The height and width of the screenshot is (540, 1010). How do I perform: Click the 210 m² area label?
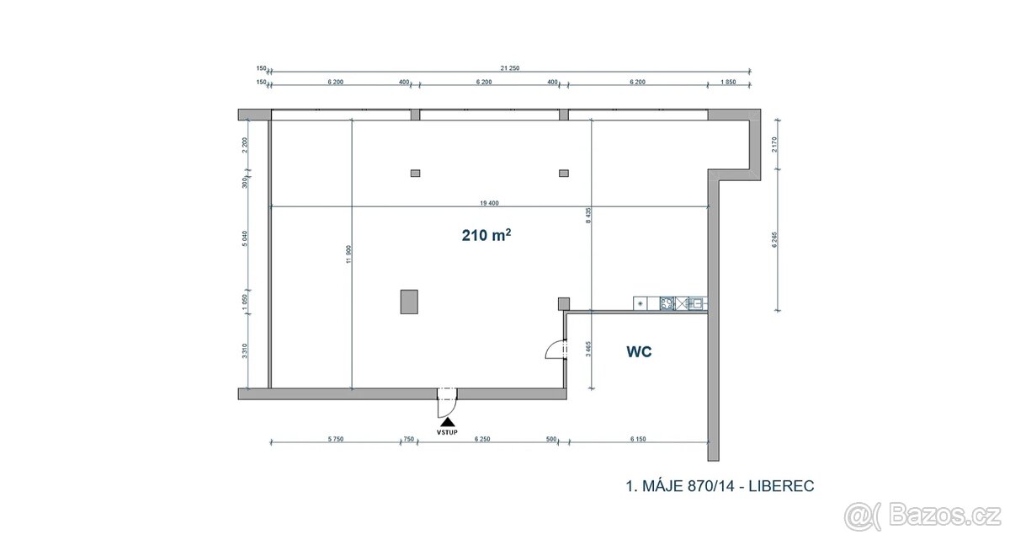[486, 236]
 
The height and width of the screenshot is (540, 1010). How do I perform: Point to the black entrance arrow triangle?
[449, 420]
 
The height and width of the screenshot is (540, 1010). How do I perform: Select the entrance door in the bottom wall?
[445, 400]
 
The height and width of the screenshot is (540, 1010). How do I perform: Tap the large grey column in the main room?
[409, 301]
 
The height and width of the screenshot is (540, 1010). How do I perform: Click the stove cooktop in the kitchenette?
[667, 303]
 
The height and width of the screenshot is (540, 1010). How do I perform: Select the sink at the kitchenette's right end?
[696, 303]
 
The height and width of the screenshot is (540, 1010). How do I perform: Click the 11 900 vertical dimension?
[348, 256]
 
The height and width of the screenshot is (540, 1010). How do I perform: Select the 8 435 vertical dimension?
[588, 217]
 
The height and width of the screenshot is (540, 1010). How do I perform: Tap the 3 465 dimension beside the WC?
[588, 349]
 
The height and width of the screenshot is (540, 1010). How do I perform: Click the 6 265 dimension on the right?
[773, 240]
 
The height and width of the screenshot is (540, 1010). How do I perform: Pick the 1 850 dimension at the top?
[729, 83]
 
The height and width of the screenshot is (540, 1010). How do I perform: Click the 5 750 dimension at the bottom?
[334, 439]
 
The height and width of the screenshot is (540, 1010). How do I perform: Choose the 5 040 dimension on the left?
[244, 239]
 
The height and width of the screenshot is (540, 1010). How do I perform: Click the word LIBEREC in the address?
[780, 486]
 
